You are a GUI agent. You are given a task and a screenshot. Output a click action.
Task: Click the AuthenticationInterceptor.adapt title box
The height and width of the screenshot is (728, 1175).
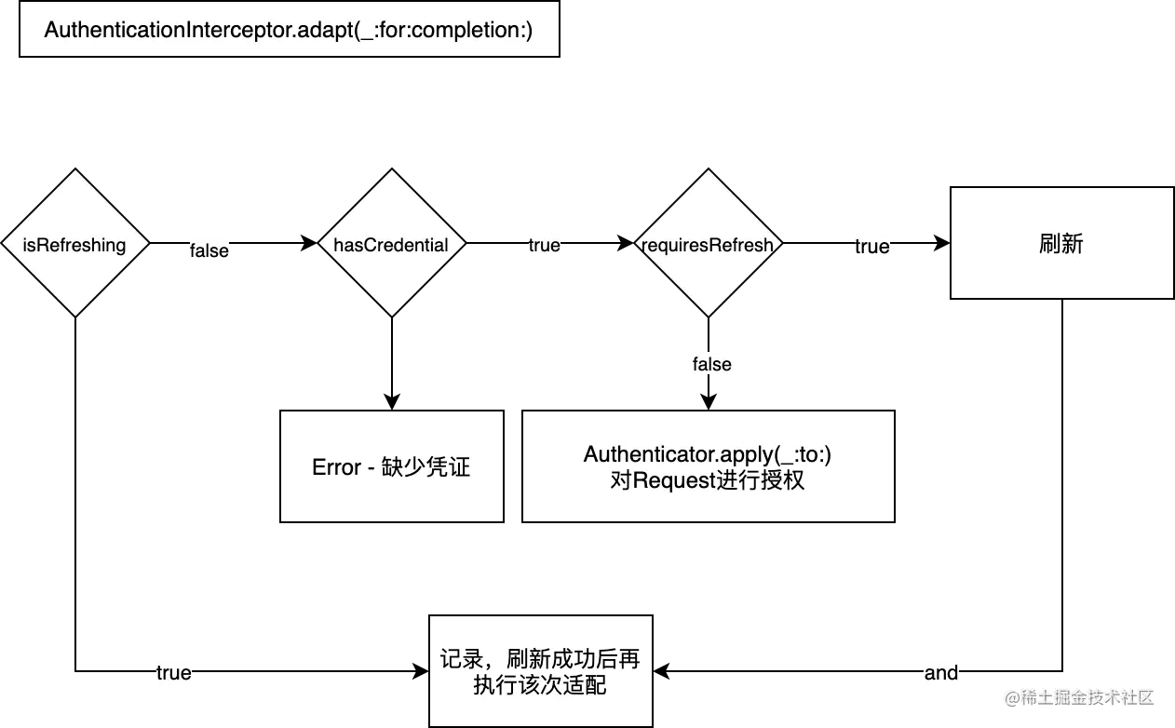pyautogui.click(x=289, y=30)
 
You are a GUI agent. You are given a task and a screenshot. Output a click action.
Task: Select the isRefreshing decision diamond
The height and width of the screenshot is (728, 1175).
pyautogui.click(x=74, y=245)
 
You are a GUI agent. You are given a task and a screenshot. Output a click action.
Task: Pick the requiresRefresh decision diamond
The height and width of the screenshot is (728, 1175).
pyautogui.click(x=708, y=245)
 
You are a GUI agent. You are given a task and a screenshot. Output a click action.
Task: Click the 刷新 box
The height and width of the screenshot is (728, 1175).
pyautogui.click(x=1060, y=244)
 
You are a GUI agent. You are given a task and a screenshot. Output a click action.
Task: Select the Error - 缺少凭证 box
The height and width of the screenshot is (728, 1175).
pyautogui.click(x=391, y=466)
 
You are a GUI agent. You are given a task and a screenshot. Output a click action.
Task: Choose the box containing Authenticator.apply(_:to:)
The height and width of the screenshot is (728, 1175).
pyautogui.click(x=708, y=466)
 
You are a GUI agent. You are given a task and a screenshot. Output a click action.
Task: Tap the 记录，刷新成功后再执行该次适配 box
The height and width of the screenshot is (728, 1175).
pyautogui.click(x=540, y=671)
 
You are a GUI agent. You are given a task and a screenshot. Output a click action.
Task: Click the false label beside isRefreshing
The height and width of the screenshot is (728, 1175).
pyautogui.click(x=209, y=249)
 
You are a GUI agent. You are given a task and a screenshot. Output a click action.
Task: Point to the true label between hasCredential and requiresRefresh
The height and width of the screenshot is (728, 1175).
pyautogui.click(x=546, y=246)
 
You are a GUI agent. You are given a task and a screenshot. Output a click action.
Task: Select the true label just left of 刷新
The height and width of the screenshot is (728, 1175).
pyautogui.click(x=871, y=246)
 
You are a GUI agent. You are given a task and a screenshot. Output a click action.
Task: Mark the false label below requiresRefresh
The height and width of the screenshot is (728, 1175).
pyautogui.click(x=713, y=364)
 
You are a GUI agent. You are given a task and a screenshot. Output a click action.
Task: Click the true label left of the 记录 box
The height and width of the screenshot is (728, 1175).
pyautogui.click(x=174, y=672)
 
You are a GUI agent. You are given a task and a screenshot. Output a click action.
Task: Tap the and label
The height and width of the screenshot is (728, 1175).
pyautogui.click(x=941, y=672)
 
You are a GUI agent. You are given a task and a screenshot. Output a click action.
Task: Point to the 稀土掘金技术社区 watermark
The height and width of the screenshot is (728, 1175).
pyautogui.click(x=1079, y=696)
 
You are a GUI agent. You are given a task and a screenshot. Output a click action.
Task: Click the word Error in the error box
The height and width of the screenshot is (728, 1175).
pyautogui.click(x=336, y=467)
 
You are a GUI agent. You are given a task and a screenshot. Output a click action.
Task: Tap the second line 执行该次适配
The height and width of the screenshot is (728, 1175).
pyautogui.click(x=540, y=684)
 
